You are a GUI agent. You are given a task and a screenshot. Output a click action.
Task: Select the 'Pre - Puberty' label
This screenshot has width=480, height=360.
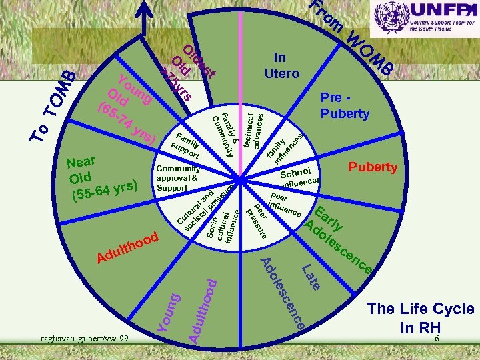345,106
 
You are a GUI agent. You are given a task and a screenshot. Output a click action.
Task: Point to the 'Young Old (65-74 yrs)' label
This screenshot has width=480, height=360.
127,107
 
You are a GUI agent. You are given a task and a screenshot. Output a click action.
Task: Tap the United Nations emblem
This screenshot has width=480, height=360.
389,19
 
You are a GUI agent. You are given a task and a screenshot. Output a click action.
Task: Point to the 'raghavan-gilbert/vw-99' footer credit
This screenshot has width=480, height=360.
83,339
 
